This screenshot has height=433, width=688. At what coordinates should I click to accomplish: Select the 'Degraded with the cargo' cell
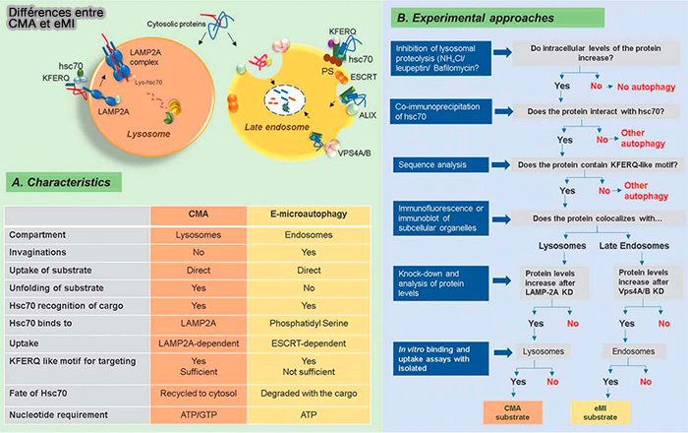pos(300,394)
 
